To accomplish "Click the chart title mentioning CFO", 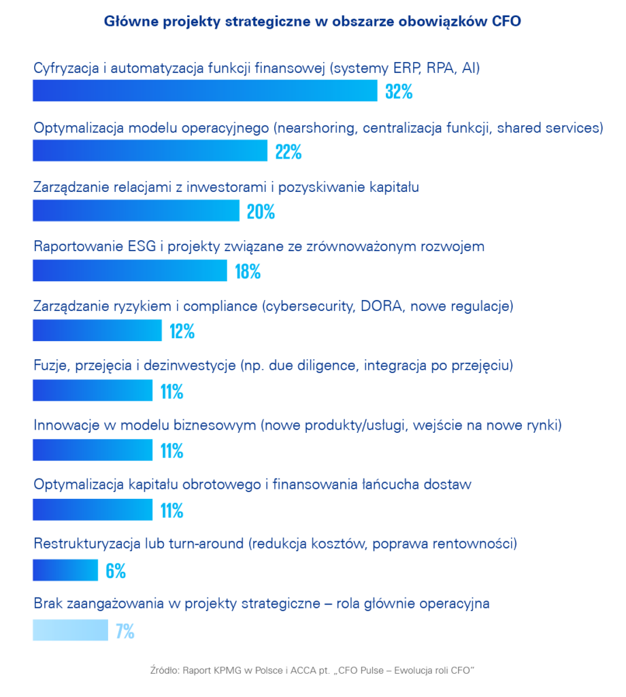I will click(x=312, y=22).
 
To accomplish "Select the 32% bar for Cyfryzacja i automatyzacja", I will click(x=204, y=91).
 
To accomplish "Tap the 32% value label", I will click(x=399, y=92).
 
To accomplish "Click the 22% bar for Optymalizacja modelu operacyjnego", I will click(x=150, y=151).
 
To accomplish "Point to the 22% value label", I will click(x=289, y=152).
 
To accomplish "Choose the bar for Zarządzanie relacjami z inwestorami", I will click(x=136, y=211).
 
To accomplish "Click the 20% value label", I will click(x=261, y=212).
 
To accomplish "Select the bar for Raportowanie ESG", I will click(x=129, y=271).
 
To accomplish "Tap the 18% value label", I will click(x=248, y=272).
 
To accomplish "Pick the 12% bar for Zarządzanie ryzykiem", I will click(x=97, y=331).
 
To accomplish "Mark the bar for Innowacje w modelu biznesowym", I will click(x=93, y=450).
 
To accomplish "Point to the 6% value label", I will click(x=116, y=570).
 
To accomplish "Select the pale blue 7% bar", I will click(x=70, y=630).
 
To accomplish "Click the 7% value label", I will click(x=125, y=630).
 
